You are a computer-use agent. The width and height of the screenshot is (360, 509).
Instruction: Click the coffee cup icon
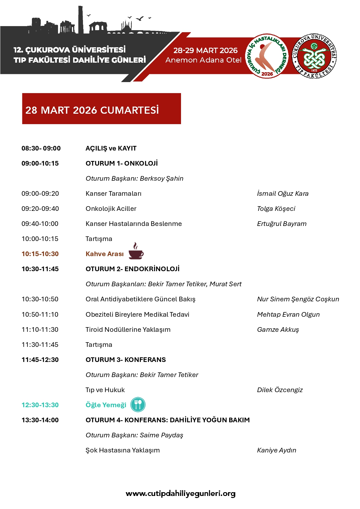coord(136,251)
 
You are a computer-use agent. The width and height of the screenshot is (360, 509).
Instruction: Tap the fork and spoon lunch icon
coord(138,405)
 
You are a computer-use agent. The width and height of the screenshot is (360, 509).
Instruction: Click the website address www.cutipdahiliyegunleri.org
coord(180,493)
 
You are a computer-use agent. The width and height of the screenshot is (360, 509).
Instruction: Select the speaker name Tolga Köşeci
coord(276,209)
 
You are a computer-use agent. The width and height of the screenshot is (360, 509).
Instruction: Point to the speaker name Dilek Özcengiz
coord(280,390)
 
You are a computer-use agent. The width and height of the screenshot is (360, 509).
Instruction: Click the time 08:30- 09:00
coord(41,148)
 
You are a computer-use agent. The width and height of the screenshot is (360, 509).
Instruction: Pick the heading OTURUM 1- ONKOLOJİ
coord(122,163)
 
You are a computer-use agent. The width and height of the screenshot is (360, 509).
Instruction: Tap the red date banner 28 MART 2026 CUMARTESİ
coord(102,109)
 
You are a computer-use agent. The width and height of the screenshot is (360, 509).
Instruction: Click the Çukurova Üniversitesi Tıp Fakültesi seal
coord(314,56)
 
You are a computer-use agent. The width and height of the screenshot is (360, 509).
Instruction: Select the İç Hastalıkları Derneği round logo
coord(267,56)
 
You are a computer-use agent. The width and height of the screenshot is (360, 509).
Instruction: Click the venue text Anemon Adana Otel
coord(203,60)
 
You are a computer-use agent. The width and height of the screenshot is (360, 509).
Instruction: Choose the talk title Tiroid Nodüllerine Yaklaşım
coord(128,329)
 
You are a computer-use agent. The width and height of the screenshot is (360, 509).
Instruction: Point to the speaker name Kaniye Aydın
coord(276,450)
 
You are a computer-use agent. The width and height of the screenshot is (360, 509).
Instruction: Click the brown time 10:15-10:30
coord(40,254)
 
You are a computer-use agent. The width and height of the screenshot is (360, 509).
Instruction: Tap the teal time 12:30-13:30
coord(40,405)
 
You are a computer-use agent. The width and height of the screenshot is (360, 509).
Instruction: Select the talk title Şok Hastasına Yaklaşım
coord(122,450)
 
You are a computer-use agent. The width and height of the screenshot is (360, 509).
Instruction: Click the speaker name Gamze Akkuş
coord(278,329)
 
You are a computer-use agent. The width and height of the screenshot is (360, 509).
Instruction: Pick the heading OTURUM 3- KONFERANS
coord(126,360)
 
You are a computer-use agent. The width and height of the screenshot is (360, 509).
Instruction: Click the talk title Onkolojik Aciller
coord(111,209)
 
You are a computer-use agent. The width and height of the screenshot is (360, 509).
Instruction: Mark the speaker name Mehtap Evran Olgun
coord(288,314)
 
